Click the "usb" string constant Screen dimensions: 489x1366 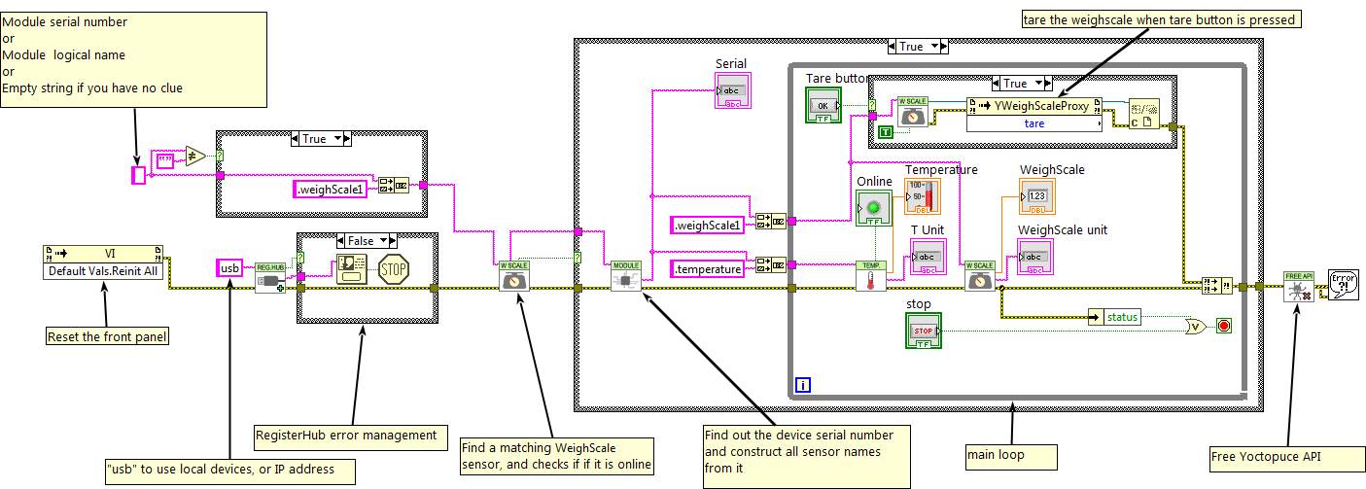point(230,267)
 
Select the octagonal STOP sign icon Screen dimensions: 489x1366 point(392,268)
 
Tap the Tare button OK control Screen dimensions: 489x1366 point(822,104)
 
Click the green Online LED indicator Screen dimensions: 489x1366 point(872,208)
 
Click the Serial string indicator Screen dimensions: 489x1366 point(731,90)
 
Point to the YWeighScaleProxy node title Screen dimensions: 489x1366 point(1036,107)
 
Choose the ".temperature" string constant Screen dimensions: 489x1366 point(709,268)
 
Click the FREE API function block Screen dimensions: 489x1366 point(1298,286)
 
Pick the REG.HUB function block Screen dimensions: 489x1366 point(270,277)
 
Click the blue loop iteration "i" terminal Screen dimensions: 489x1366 point(803,386)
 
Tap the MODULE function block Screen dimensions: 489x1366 point(625,277)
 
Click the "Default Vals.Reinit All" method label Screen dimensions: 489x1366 point(103,271)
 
